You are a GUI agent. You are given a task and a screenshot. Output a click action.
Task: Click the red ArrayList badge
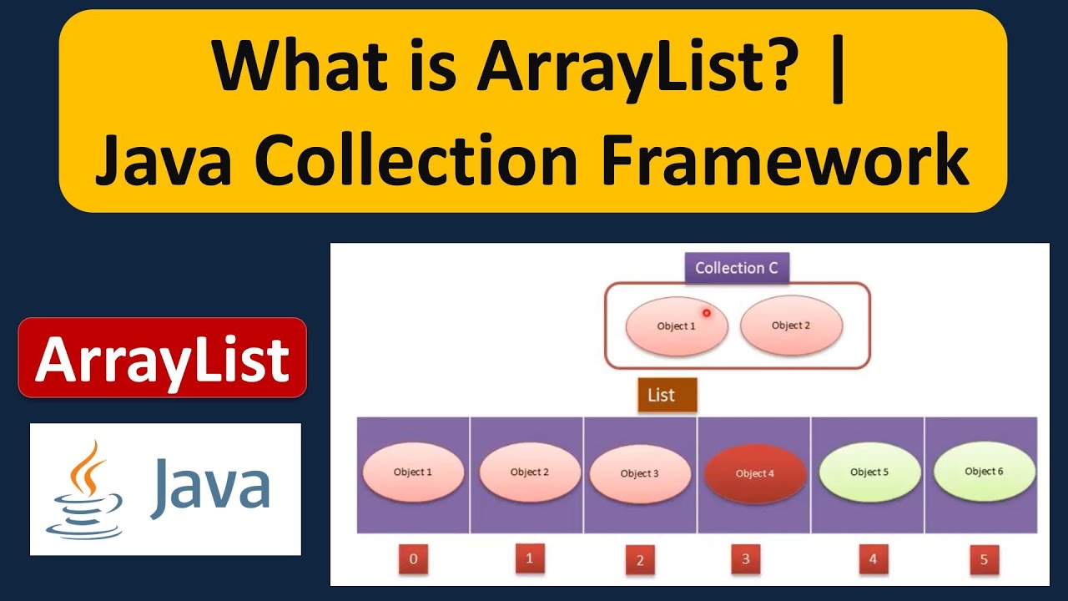(163, 358)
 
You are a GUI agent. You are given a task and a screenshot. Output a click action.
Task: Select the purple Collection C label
(738, 268)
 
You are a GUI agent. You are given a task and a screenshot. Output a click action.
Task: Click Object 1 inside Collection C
(677, 326)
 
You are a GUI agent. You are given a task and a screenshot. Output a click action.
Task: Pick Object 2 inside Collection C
(791, 326)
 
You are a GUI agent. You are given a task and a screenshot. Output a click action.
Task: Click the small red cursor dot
(706, 313)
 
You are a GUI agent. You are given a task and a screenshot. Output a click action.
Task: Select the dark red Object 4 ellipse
(755, 473)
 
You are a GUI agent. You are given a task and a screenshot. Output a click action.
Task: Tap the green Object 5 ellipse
(869, 472)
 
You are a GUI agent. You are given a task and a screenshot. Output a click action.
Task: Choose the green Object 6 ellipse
(985, 472)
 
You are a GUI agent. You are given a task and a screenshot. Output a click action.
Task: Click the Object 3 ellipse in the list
(640, 473)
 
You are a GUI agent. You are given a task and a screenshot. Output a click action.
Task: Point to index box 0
(414, 559)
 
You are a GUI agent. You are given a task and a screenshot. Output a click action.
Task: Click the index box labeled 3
(745, 559)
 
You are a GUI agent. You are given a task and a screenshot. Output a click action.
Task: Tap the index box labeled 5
(984, 559)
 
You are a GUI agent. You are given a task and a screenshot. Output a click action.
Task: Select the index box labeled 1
(529, 558)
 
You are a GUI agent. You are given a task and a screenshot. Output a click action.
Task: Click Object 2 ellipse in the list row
(530, 472)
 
